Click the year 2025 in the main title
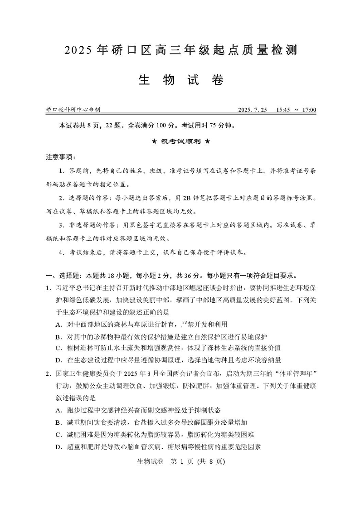point(78,50)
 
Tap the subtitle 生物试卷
point(180,80)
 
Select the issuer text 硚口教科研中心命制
point(73,110)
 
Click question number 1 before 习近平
point(48,288)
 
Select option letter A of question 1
point(58,325)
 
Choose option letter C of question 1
point(58,348)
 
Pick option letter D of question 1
point(58,360)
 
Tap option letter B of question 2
point(58,422)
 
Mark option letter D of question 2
point(58,446)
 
